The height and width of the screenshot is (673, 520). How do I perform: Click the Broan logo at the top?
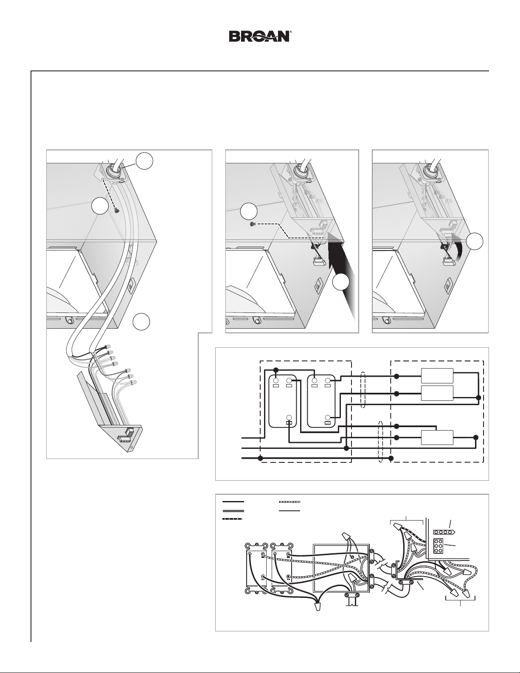tap(259, 36)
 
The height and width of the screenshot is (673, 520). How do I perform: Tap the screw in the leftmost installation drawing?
tap(116, 211)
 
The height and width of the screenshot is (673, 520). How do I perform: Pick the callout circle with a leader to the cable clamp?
tap(145, 161)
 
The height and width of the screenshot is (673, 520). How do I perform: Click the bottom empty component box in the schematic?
tap(437, 437)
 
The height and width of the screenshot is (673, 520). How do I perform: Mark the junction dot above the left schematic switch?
tap(276, 370)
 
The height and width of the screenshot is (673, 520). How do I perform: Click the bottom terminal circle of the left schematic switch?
tap(289, 417)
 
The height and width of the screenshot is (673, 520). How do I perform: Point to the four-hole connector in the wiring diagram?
tap(444, 532)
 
